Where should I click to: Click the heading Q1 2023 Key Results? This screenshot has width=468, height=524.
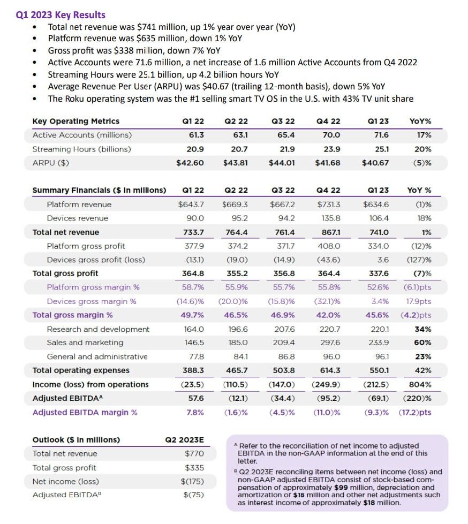pos(61,15)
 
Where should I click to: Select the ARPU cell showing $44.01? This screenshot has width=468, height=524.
pos(282,163)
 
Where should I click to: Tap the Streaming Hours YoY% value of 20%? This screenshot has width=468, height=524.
pos(424,149)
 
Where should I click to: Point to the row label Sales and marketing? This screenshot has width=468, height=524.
pos(85,343)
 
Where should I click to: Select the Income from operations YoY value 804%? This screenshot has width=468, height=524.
pos(420,384)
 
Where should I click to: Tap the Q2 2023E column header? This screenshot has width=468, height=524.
pos(185,440)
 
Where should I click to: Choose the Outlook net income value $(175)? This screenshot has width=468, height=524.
pos(192,481)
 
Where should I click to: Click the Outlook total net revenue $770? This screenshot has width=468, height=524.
pos(194,454)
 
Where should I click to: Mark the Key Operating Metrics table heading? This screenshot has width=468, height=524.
pos(76,121)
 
